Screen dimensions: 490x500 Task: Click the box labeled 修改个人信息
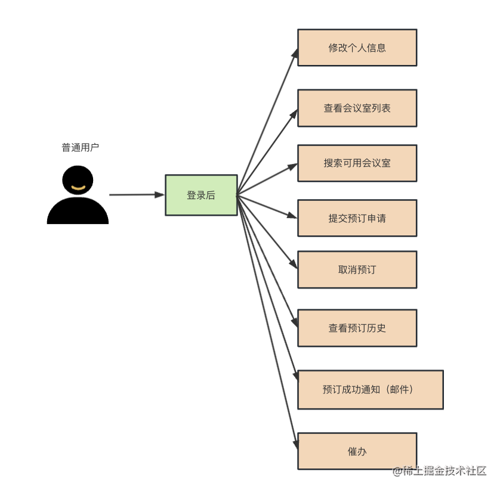tap(357, 48)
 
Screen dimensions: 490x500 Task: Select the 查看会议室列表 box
tap(357, 108)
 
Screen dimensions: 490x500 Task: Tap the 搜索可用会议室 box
tap(357, 163)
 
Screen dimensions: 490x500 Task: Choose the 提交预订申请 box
tap(357, 218)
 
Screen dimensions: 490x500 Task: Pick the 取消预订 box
tap(357, 269)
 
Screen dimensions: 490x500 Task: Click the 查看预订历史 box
tap(357, 328)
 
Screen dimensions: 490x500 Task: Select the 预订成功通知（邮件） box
tap(370, 389)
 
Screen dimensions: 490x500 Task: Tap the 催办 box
tap(357, 451)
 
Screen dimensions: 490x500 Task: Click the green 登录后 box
tap(201, 195)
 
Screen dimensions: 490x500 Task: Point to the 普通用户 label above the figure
tap(81, 147)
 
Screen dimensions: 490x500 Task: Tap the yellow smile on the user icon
tap(78, 189)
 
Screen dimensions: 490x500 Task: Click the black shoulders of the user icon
tap(78, 212)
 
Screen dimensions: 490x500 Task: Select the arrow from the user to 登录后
tap(136, 194)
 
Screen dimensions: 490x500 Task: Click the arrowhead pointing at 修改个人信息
tap(294, 53)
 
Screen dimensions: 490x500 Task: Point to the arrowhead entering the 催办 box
tap(295, 444)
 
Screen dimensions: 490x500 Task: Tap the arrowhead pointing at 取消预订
tap(293, 263)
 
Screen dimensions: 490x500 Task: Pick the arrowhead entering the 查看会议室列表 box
tap(294, 113)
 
